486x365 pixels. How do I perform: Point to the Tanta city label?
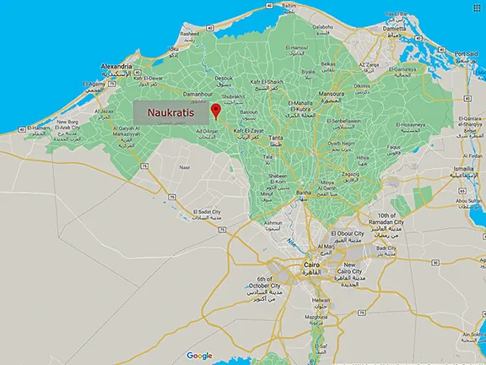tap(275, 138)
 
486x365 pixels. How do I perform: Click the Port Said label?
tap(467, 54)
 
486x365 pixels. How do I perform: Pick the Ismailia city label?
tap(463, 169)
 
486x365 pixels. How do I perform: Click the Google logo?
tap(200, 356)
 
